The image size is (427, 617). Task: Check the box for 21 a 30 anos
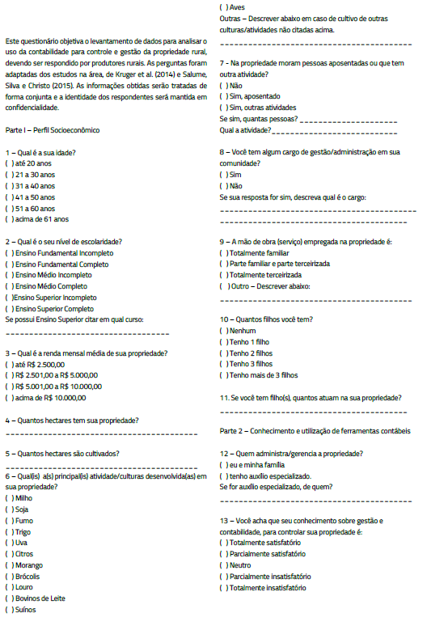9,174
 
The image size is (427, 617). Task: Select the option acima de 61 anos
9,219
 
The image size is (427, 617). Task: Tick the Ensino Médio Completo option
9,286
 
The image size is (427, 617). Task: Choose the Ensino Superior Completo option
9,309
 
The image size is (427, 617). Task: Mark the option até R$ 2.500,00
9,364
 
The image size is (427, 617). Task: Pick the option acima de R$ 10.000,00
9,398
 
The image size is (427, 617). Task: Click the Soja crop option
9,509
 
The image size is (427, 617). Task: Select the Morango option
9,565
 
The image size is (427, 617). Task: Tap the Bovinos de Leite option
9,598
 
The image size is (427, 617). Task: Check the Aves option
223,6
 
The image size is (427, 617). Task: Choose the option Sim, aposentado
223,96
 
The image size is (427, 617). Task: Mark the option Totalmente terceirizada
223,275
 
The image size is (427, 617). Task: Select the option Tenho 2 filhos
223,353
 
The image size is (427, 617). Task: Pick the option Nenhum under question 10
223,331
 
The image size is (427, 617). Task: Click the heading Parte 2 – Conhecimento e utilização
315,431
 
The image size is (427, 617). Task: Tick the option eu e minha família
223,465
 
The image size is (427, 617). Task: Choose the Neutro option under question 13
223,565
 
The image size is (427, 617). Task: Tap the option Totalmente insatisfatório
223,588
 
